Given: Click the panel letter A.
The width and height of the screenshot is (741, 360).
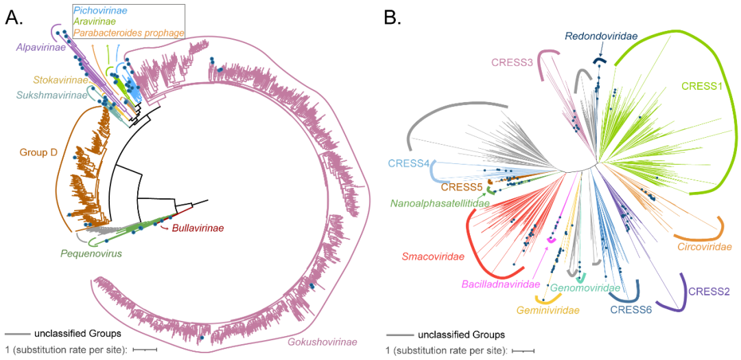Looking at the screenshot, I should [14, 18].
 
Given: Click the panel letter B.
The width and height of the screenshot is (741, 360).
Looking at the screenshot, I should [392, 18].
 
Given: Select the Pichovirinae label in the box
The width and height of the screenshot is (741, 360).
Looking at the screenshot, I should [106, 10].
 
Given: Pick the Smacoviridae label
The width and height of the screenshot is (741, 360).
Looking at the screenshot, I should [431, 257].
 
